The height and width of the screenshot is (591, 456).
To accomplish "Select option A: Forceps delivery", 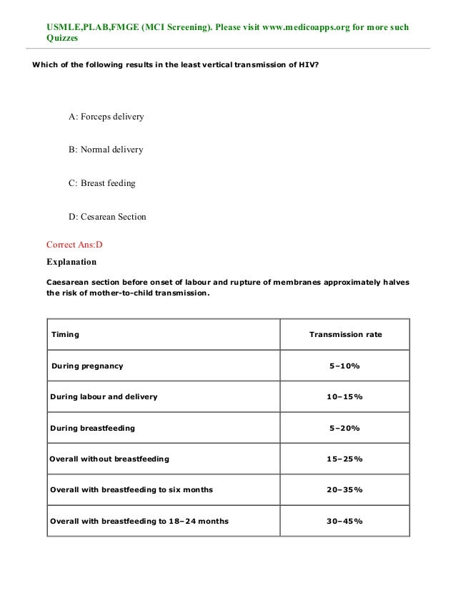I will point(106,116).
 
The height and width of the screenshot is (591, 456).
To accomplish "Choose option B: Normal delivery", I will point(106,150).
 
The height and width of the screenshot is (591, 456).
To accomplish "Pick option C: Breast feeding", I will point(101,183).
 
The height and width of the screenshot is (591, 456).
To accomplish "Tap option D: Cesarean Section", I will point(107,217).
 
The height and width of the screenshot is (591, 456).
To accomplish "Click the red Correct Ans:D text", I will point(74,244).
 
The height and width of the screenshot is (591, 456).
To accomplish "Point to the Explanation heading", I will point(71,262).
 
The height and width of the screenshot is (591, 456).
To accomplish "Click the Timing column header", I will point(65,334).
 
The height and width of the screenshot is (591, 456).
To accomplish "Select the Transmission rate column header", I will point(345,334).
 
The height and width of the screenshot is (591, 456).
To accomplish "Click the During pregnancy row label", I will point(86,366).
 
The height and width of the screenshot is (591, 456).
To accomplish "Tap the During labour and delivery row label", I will point(104,396).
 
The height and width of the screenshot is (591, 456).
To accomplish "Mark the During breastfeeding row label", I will point(92,428).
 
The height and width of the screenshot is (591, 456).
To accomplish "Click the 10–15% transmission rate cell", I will point(345,396).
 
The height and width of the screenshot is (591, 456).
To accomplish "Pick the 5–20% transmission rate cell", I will point(345,428).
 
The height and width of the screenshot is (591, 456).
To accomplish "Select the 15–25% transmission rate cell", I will point(345,459).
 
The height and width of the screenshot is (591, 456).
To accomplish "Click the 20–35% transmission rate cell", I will point(345,490).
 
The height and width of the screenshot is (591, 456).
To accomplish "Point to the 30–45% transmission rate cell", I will point(345,521).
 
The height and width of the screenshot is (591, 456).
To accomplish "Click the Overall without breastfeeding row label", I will point(109,459).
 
